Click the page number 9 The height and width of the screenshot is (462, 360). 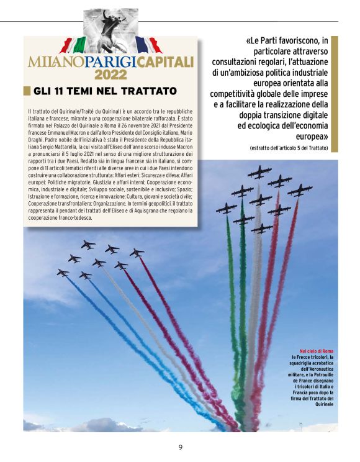click(x=180, y=447)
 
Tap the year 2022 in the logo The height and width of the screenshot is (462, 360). click(x=110, y=75)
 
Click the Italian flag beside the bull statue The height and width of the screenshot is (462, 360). click(x=74, y=45)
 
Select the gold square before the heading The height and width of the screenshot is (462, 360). click(x=27, y=91)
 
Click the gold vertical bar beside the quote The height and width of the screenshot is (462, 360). click(x=335, y=93)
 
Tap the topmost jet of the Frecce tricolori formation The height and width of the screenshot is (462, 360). click(x=259, y=171)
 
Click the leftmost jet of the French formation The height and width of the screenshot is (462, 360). click(x=63, y=272)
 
